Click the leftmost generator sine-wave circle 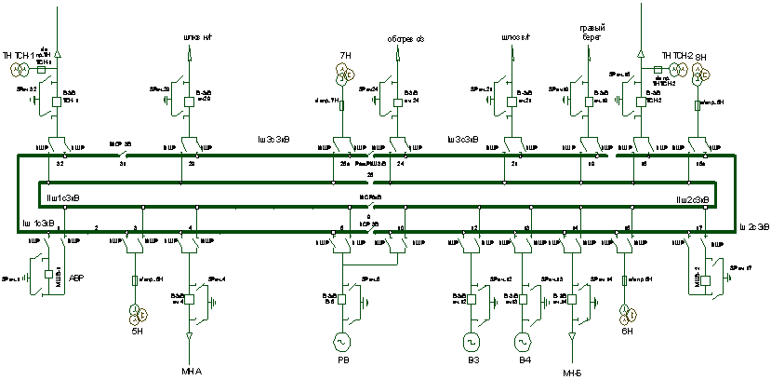341,342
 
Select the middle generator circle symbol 471,342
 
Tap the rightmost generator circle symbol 523,342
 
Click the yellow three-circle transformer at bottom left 138,316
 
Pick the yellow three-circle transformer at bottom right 629,316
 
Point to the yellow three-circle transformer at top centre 345,73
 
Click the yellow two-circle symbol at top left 20,69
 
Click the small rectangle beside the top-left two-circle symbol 41,69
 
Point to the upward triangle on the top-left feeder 57,54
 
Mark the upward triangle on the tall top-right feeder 641,54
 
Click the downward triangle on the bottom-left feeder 190,335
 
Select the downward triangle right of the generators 572,335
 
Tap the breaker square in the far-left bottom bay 49,275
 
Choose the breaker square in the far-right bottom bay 705,279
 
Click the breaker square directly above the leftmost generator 341,299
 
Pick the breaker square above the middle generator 471,299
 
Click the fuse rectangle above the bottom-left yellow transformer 135,279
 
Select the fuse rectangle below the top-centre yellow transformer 341,104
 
